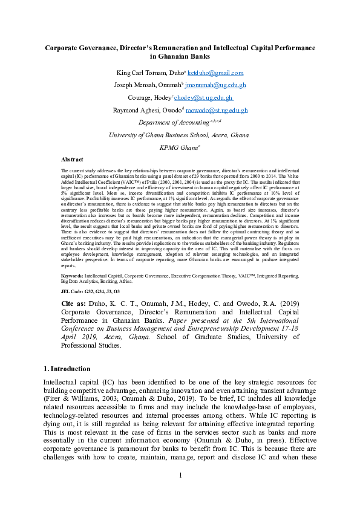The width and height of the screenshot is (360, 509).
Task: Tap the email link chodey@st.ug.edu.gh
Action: tap(205, 98)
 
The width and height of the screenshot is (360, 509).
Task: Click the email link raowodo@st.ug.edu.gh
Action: tap(216, 111)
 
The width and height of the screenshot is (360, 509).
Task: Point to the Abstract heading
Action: tap(72, 160)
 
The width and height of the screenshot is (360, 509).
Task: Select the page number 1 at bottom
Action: tap(180, 492)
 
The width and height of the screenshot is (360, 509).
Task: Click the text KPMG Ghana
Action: tap(179, 148)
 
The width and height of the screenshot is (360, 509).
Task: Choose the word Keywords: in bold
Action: tap(73, 276)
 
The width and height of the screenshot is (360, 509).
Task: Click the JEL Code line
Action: tap(82, 291)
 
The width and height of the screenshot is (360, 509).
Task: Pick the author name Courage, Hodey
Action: tap(149, 98)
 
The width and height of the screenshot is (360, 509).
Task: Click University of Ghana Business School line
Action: tap(179, 135)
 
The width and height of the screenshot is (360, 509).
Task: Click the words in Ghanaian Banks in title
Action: tap(180, 57)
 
